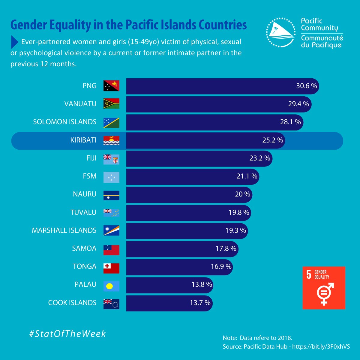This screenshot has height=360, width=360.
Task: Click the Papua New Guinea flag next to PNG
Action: pos(111,86)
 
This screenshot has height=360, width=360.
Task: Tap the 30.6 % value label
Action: pos(306,86)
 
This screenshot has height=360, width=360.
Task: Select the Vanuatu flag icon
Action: pos(111,104)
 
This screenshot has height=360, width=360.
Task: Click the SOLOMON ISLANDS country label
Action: pos(65,122)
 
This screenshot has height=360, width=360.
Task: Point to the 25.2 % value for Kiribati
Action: pos(272,140)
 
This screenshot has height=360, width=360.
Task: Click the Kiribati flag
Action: pos(111,140)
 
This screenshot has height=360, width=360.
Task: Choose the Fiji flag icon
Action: pos(111,158)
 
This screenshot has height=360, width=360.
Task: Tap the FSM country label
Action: pos(90,176)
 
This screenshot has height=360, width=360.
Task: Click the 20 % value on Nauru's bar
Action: pos(242,194)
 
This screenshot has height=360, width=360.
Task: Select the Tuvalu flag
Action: pos(111,212)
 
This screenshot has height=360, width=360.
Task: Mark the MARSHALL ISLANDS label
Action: pos(64,230)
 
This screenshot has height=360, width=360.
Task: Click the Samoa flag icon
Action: pos(111,248)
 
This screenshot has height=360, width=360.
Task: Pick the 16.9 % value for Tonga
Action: pos(221,266)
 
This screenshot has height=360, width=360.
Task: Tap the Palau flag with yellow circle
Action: pos(111,285)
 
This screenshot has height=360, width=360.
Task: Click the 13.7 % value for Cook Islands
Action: pos(200,303)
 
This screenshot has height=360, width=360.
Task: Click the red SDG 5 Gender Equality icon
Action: pos(324,288)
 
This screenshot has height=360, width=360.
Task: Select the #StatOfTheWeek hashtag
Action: pos(67,334)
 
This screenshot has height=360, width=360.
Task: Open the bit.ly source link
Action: pos(321,346)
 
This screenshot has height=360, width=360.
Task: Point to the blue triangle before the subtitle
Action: pos(14,42)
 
